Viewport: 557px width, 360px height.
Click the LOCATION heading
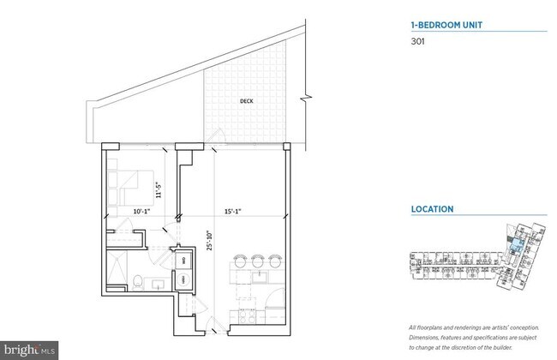(x=432, y=209)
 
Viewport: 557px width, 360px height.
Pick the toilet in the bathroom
(x=139, y=279)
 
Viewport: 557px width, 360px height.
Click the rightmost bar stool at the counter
(x=273, y=259)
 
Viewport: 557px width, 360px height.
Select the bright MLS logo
(x=30, y=350)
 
